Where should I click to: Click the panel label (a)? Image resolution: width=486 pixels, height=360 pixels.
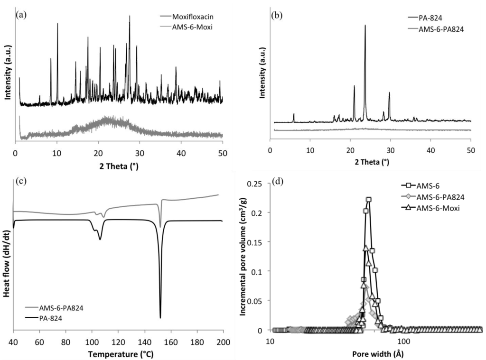click(x=21, y=15)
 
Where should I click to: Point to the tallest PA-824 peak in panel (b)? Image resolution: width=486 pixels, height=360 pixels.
click(x=364, y=26)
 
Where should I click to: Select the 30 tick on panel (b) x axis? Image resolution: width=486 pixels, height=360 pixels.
click(x=390, y=150)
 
